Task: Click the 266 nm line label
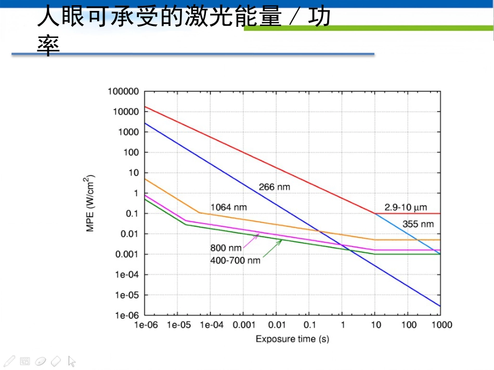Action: point(275,187)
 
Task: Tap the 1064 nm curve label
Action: point(229,207)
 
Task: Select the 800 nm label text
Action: point(226,248)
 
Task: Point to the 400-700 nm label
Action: point(236,261)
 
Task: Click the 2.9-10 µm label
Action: point(406,208)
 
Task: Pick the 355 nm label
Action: point(418,224)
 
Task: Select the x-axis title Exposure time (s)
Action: point(292,339)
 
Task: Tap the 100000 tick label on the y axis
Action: point(123,91)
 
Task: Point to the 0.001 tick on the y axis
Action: point(127,254)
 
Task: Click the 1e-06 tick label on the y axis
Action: point(127,316)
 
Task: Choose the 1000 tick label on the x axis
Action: point(441,325)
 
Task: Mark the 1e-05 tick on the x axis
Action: point(179,325)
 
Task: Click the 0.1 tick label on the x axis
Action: point(309,325)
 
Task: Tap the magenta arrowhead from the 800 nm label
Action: point(257,235)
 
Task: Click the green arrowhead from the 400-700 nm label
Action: point(280,241)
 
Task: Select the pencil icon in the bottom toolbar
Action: point(9,361)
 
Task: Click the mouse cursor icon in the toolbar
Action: point(72,362)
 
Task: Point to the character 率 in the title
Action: point(48,46)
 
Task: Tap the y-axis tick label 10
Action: point(134,173)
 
